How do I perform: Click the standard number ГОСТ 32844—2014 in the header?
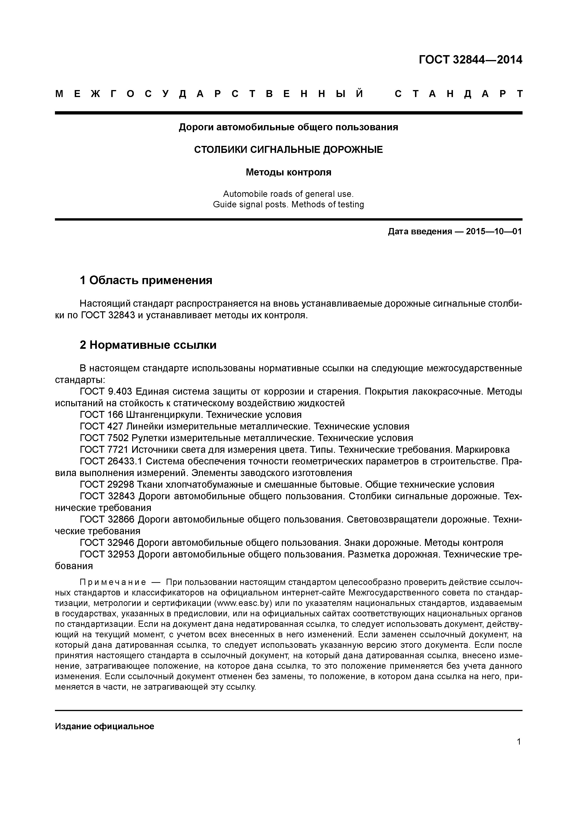click(x=470, y=60)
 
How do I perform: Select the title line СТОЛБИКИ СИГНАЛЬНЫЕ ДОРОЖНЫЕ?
click(x=288, y=150)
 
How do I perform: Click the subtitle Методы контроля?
click(x=288, y=172)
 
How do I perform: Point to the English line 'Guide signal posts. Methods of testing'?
click(x=288, y=205)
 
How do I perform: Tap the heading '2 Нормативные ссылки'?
click(x=148, y=345)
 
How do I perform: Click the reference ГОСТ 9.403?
click(x=106, y=392)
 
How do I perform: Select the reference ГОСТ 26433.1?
click(x=111, y=461)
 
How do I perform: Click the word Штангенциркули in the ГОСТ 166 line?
click(x=165, y=415)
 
